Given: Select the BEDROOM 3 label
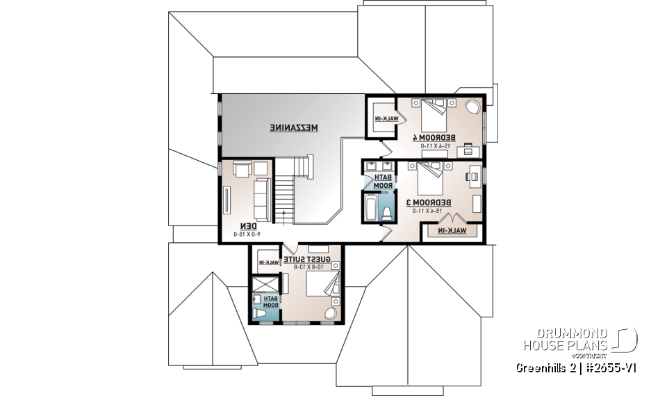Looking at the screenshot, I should (x=428, y=203).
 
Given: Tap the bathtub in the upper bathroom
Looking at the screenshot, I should (x=370, y=207).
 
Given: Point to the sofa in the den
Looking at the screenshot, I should (x=262, y=199).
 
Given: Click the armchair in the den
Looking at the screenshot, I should (x=242, y=169).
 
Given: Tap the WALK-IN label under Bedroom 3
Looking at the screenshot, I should (x=451, y=230).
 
